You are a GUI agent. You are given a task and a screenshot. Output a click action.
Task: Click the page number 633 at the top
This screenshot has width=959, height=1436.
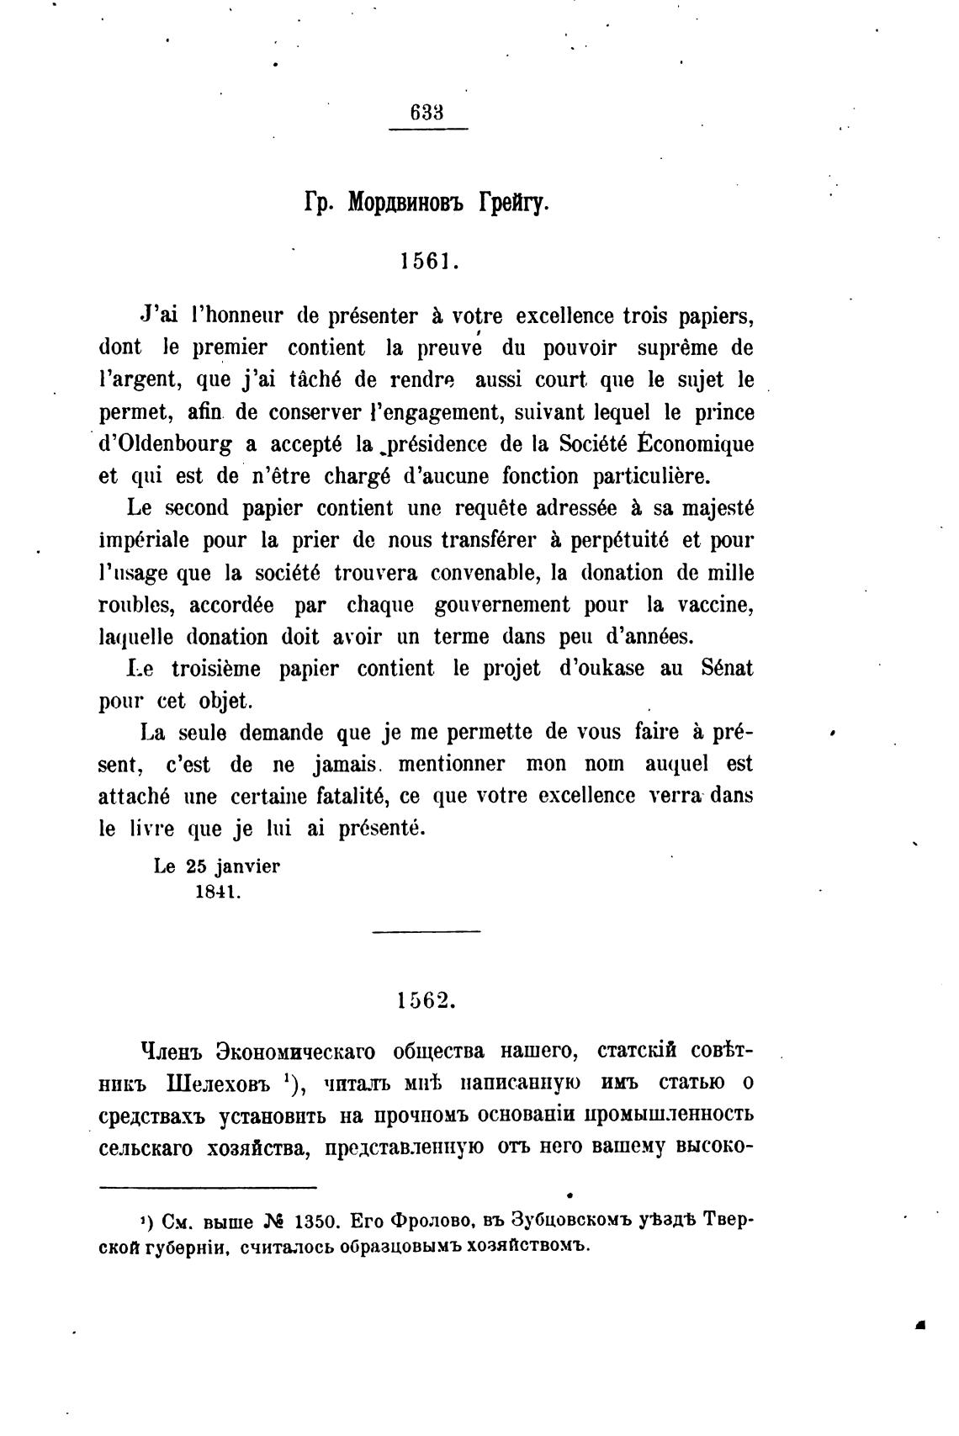tap(427, 113)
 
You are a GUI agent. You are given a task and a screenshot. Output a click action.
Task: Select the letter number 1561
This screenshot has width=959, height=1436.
tap(429, 261)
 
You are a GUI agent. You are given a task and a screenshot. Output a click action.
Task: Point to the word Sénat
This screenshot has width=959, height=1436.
tap(726, 668)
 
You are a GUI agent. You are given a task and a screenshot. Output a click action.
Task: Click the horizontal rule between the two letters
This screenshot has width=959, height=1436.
tap(426, 931)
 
